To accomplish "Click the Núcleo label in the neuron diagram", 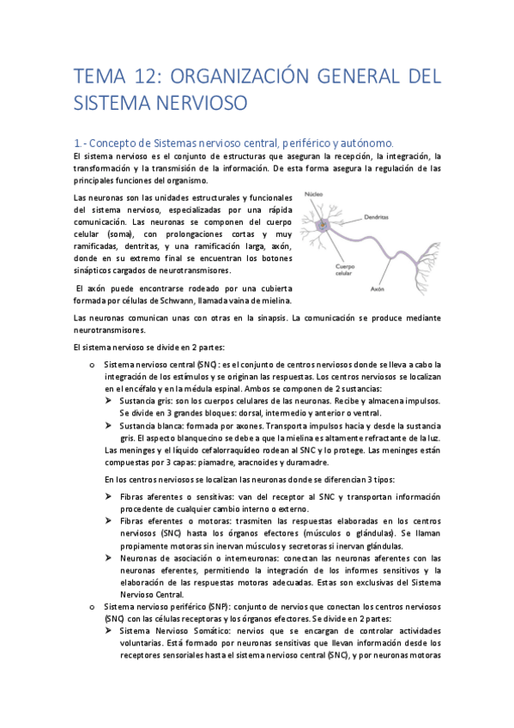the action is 315,195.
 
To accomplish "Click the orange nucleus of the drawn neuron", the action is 324,226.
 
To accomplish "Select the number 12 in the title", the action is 141,76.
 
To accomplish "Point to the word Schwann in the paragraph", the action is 184,300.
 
